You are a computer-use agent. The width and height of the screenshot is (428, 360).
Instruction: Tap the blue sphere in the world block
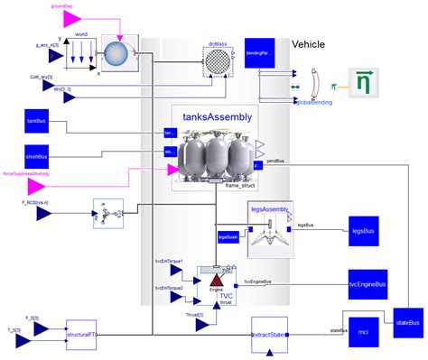(x=115, y=53)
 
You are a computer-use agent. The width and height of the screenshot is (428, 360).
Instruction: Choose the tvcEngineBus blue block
(x=368, y=282)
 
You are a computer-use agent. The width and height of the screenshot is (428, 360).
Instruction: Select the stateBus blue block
(x=407, y=321)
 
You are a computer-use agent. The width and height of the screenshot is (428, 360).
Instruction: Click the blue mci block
(x=364, y=332)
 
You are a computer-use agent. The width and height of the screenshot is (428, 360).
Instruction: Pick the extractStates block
(x=268, y=333)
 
